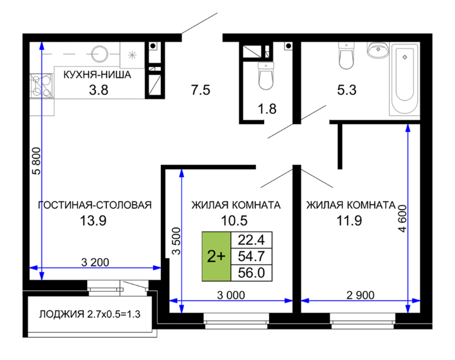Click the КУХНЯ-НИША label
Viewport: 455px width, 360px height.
coord(97,75)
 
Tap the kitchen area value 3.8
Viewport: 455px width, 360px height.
coord(98,90)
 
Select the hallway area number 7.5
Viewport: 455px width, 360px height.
coord(200,90)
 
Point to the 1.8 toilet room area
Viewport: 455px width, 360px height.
coord(267,109)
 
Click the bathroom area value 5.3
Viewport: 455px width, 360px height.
coord(347,90)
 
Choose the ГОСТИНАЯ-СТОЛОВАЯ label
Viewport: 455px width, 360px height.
coord(95,205)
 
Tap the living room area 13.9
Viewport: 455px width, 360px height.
coord(93,221)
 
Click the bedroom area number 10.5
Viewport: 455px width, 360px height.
coord(234,221)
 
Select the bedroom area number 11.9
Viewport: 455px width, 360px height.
coord(349,221)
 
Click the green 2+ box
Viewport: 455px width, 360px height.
coord(217,256)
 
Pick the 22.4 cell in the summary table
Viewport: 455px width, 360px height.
coord(252,240)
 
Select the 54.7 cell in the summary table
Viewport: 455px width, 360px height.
coord(252,256)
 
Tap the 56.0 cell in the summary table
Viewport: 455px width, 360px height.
coord(252,273)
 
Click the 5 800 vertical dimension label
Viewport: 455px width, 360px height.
coord(37,161)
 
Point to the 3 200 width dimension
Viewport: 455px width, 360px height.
coord(95,262)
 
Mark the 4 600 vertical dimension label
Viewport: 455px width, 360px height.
coord(403,218)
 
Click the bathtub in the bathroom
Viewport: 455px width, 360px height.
coord(405,79)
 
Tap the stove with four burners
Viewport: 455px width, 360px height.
coord(41,86)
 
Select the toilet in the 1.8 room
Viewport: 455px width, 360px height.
coord(266,76)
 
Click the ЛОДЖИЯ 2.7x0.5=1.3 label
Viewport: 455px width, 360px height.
coord(89,314)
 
